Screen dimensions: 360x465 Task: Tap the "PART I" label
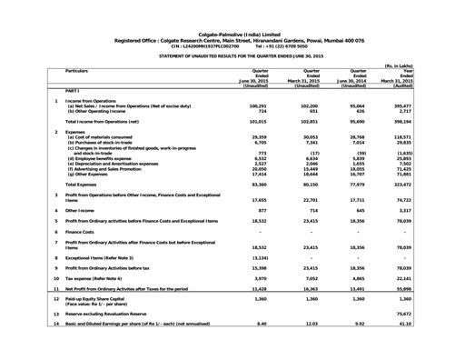coord(76,92)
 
